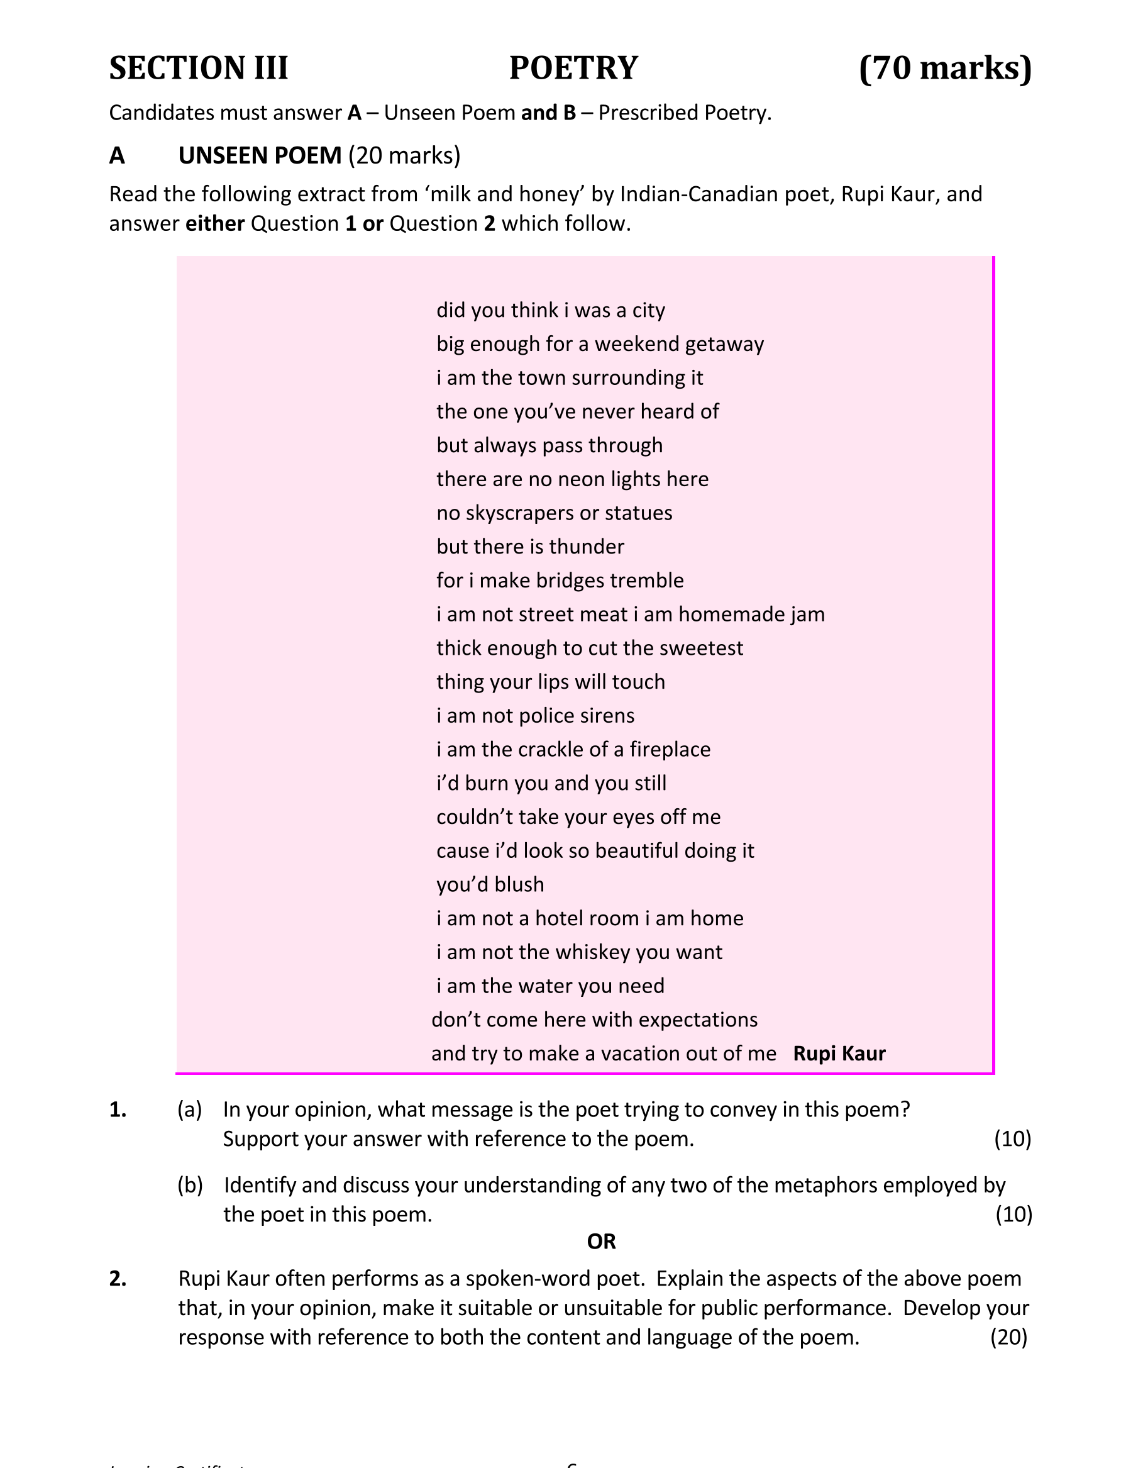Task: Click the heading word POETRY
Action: click(x=573, y=68)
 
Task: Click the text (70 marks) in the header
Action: click(x=945, y=68)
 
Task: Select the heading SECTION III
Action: click(x=199, y=68)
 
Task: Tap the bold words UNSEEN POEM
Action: click(x=260, y=155)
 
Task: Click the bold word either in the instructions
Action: click(x=215, y=223)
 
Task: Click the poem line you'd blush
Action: click(x=490, y=884)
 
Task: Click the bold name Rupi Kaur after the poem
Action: click(x=839, y=1054)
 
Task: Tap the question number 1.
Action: click(x=118, y=1110)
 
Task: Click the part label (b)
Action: click(x=189, y=1185)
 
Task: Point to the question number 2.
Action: click(x=118, y=1279)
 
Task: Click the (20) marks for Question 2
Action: click(x=1008, y=1337)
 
